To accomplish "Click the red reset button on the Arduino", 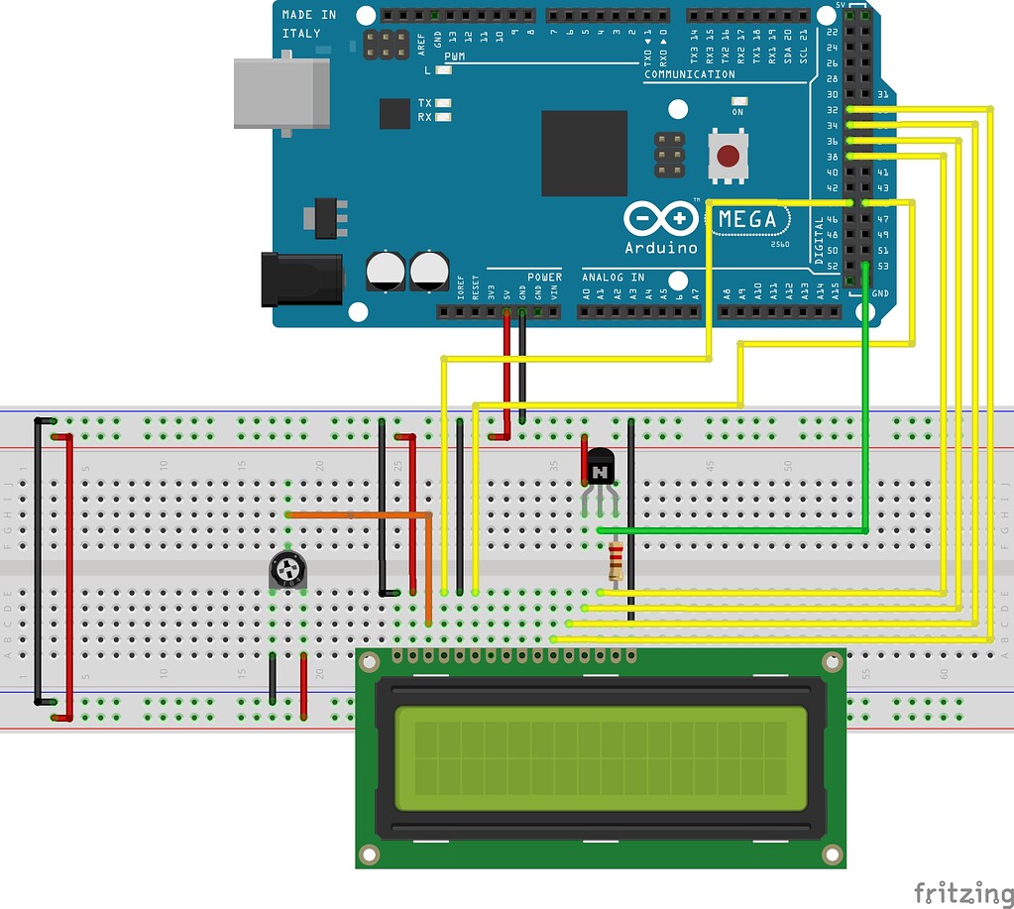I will [x=729, y=157].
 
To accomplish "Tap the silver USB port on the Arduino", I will [x=281, y=93].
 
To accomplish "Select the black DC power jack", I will [x=301, y=279].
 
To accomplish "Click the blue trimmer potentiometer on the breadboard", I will [x=287, y=571].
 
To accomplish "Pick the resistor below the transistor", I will [x=617, y=561].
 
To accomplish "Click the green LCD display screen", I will [x=600, y=758].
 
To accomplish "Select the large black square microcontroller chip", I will [x=584, y=154].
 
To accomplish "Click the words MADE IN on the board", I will [x=310, y=15].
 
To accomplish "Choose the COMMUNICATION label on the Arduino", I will [x=690, y=74].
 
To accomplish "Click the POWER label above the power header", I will [x=544, y=278].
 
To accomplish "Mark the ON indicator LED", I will [x=738, y=101].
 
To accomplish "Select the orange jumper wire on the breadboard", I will [x=357, y=515].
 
